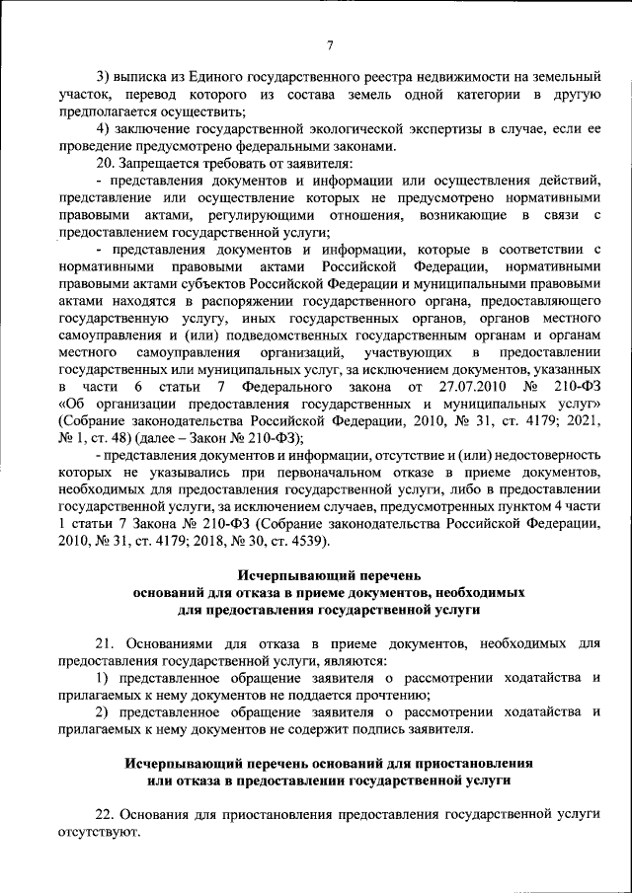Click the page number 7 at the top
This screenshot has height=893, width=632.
pos(330,44)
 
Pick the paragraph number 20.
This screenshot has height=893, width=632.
pos(104,164)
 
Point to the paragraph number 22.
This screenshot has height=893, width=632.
pos(104,815)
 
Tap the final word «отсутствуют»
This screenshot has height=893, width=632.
pos(100,833)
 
